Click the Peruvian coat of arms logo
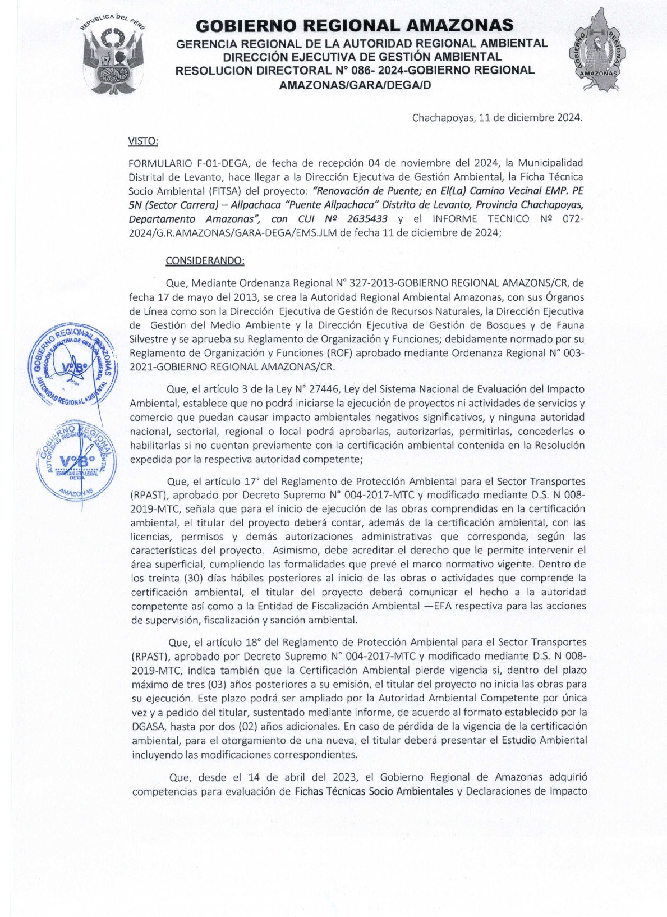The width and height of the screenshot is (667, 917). point(113,57)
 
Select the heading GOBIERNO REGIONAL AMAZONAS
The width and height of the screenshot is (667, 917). point(355,25)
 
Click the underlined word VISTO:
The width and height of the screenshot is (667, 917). point(143,141)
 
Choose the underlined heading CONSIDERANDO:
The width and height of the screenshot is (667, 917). point(205,261)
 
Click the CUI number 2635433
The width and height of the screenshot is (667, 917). point(366,219)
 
